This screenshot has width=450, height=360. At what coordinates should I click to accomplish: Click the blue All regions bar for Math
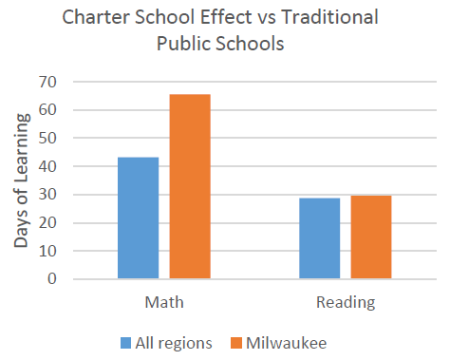click(138, 218)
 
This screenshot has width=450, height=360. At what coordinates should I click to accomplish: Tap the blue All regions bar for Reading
click(320, 238)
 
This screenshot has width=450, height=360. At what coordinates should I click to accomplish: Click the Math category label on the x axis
click(163, 303)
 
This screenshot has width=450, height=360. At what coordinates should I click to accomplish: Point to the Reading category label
click(346, 303)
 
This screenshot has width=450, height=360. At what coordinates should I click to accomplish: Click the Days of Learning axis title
click(21, 180)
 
